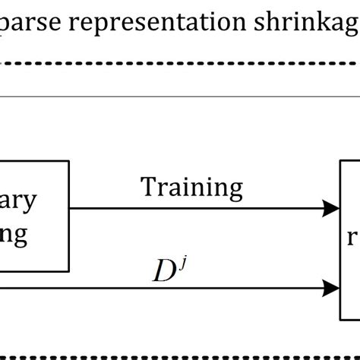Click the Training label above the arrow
(x=191, y=187)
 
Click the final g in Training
(x=235, y=190)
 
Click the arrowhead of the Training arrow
(x=332, y=207)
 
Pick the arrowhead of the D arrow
(x=332, y=267)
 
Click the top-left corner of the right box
(x=342, y=161)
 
